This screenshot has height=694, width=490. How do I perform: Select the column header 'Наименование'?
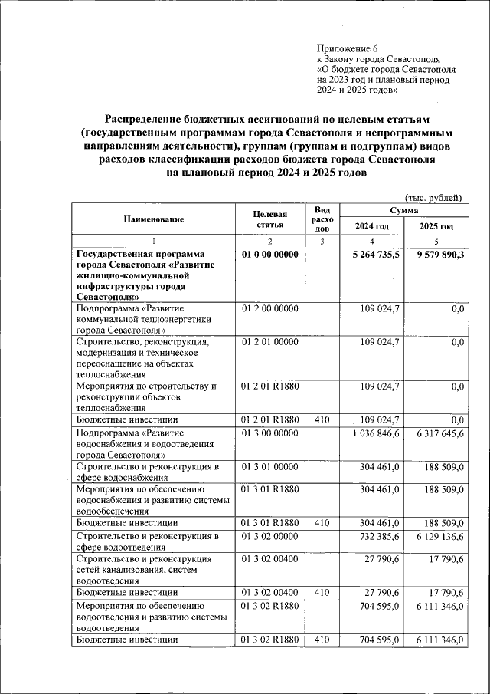[154, 219]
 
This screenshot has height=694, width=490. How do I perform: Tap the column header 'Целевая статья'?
[272, 219]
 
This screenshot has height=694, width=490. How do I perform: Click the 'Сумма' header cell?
[403, 209]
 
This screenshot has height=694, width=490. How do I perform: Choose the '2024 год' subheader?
[371, 227]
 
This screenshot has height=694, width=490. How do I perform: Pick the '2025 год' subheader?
[436, 227]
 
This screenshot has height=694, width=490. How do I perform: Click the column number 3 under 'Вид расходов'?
[322, 242]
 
